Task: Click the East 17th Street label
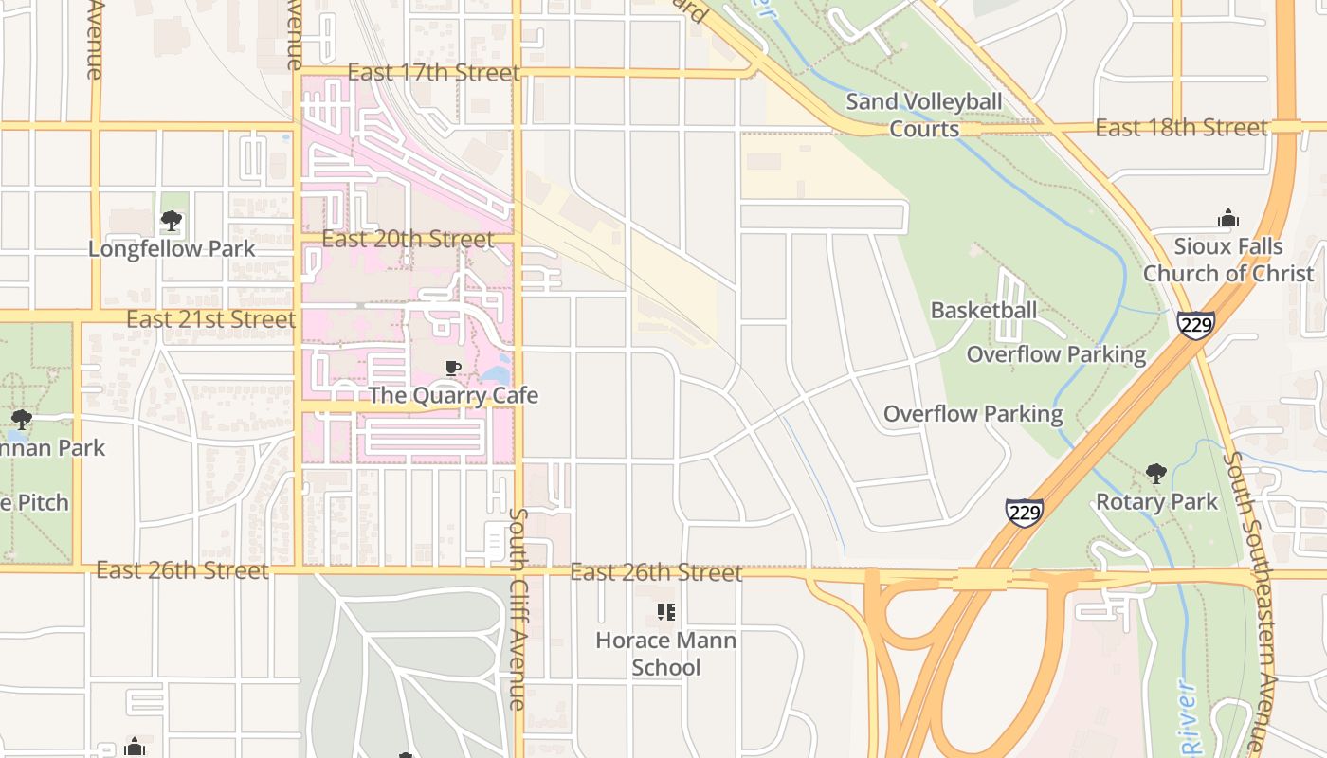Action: point(433,73)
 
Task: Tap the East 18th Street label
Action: point(1181,128)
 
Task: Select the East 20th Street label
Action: point(408,239)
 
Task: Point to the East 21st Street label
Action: point(210,319)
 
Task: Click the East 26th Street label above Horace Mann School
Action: point(656,573)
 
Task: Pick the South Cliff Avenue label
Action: point(518,608)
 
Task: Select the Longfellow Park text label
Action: point(172,249)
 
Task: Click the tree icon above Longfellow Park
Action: point(172,221)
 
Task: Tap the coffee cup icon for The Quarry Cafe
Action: point(453,368)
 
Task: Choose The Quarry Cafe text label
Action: point(453,395)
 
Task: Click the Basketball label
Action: point(983,311)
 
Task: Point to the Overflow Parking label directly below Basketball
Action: point(1056,355)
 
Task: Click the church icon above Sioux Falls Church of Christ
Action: point(1228,219)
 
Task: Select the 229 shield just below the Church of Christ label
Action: point(1196,324)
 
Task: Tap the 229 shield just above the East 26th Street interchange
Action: point(1025,513)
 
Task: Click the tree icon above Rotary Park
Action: point(1155,474)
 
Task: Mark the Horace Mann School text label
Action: point(665,654)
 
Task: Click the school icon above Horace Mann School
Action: point(666,612)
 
